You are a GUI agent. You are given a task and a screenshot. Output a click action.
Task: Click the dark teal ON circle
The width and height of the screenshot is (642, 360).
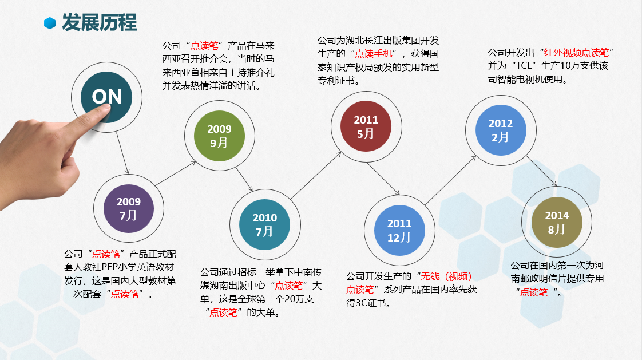pos(106,97)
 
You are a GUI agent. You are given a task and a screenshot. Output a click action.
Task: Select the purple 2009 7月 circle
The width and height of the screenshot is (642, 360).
pos(129,208)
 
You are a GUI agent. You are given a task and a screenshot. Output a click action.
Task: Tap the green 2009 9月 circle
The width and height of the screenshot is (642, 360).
pos(220,136)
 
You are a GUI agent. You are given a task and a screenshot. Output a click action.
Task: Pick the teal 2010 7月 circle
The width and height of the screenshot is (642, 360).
pos(265,224)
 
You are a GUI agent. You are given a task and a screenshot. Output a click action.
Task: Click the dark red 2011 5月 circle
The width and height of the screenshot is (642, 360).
pos(366,126)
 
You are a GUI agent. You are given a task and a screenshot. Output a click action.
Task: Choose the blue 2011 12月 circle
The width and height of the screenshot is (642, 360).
pos(399,230)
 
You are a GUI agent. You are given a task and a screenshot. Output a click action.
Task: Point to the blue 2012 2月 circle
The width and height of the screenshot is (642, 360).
pos(501,130)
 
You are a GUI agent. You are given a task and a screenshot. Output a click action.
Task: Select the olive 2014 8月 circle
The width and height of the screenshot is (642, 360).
pos(557,222)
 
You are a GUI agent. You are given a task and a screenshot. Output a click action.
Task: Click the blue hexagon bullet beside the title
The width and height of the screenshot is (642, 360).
pos(50,23)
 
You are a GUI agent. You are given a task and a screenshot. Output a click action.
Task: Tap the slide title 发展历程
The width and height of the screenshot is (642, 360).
pos(100,22)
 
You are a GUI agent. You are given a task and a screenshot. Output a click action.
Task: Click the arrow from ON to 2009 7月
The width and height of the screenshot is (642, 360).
pos(122,153)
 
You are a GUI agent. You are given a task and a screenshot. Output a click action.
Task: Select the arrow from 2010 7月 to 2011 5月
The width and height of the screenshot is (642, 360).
pos(316,176)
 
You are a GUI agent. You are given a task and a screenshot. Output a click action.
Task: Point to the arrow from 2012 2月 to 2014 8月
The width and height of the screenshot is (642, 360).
pos(542,171)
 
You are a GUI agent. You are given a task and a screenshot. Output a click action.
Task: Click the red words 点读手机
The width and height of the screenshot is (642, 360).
pos(374,53)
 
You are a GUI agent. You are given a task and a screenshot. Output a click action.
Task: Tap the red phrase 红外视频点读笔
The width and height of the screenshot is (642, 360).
pos(577,53)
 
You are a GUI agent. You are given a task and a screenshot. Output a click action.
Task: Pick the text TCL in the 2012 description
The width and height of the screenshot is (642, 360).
pos(523,65)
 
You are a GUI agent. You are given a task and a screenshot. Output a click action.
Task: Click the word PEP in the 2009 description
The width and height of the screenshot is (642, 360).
pos(110,267)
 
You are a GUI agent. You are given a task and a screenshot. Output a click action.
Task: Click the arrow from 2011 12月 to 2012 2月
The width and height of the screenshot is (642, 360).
pos(451,180)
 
